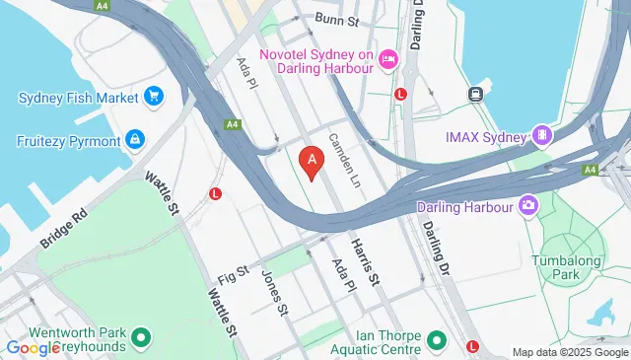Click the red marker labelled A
313,160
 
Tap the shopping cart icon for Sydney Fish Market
153,96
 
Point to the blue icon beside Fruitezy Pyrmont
135,138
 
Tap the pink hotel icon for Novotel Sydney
387,61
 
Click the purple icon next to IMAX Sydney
541,134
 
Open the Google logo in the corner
34,347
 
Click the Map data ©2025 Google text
570,352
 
